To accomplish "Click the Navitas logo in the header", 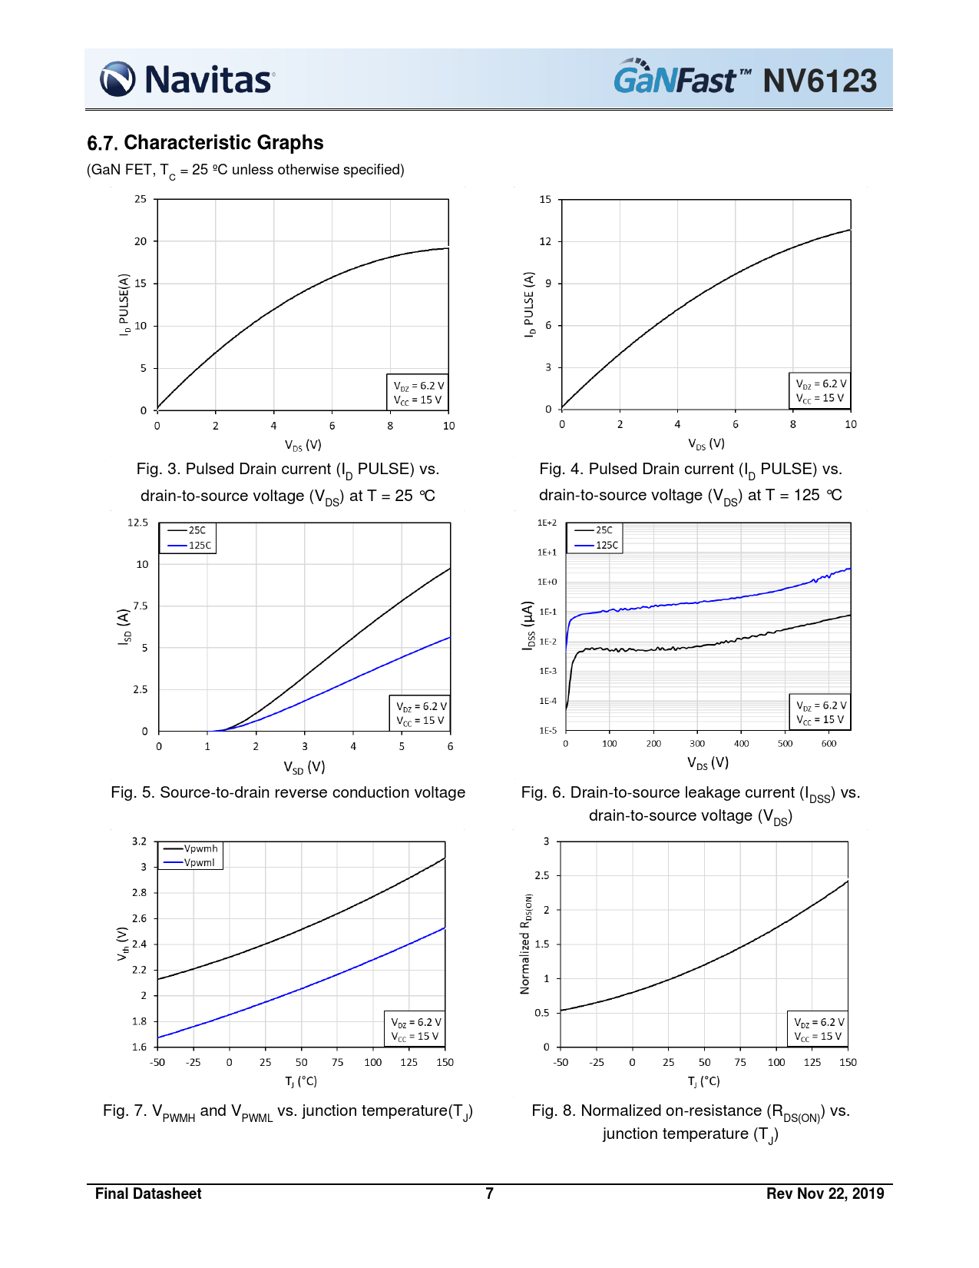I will [x=187, y=79].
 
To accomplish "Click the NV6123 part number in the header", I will [x=819, y=81].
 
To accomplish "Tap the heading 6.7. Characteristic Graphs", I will [x=205, y=143].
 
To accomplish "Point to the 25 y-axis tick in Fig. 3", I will [x=140, y=199].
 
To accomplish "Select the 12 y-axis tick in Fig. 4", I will [x=545, y=241].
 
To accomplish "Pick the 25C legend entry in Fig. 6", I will [x=604, y=530].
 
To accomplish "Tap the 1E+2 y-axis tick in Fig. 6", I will [x=547, y=523].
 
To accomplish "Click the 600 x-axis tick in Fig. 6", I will [x=829, y=744].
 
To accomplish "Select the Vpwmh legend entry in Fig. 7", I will [x=200, y=848].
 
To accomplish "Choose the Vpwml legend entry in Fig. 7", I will [x=199, y=862].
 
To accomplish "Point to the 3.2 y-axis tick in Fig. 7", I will [x=139, y=841].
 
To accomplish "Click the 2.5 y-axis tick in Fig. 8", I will [x=542, y=875].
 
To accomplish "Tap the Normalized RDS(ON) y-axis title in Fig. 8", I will [x=526, y=944].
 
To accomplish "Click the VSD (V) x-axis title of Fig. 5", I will [x=304, y=767].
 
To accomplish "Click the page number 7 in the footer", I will [x=489, y=1193].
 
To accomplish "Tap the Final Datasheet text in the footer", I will [x=148, y=1193].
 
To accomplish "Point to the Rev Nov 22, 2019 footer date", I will [x=825, y=1193].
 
